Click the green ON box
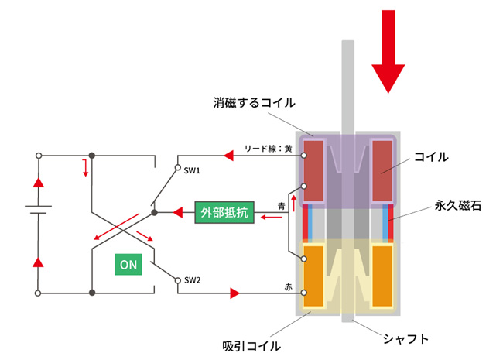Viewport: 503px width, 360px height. [128, 264]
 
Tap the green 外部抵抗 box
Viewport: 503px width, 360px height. [221, 211]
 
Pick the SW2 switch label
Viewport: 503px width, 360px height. [193, 280]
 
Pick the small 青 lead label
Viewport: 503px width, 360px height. [282, 206]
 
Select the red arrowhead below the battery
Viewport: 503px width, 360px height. [36, 262]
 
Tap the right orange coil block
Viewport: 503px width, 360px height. [384, 276]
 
